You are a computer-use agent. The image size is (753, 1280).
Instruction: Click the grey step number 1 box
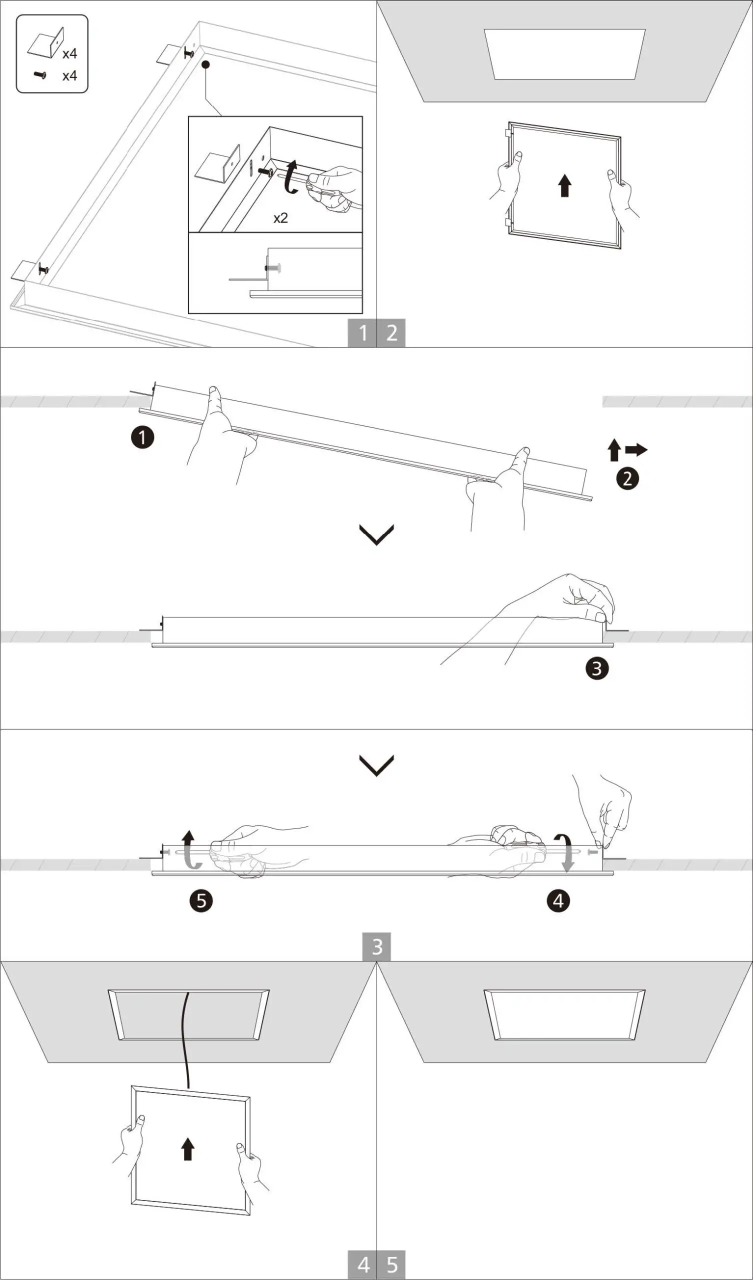[x=362, y=333]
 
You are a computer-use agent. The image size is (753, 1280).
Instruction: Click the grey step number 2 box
[x=391, y=333]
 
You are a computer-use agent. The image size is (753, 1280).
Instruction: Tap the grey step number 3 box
[x=376, y=947]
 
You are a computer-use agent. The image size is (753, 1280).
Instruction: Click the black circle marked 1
[x=143, y=437]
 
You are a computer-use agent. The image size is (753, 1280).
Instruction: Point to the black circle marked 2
[x=627, y=478]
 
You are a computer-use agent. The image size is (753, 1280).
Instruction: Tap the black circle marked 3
[x=596, y=668]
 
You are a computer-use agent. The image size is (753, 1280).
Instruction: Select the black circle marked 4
[x=558, y=900]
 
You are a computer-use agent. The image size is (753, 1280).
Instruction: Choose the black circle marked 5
[x=200, y=900]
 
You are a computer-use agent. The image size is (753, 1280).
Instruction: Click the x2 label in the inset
[x=280, y=218]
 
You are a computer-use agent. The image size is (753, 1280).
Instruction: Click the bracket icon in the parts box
[x=46, y=43]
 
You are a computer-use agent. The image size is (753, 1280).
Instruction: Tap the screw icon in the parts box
[x=40, y=75]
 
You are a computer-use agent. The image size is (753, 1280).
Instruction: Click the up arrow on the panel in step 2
[x=564, y=185]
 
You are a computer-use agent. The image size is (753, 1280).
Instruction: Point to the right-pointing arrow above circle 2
[x=636, y=449]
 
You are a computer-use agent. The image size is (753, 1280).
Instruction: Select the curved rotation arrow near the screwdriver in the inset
[x=291, y=177]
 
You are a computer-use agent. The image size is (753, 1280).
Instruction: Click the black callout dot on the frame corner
[x=206, y=64]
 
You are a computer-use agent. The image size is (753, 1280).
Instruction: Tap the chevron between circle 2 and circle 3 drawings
[x=376, y=534]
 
